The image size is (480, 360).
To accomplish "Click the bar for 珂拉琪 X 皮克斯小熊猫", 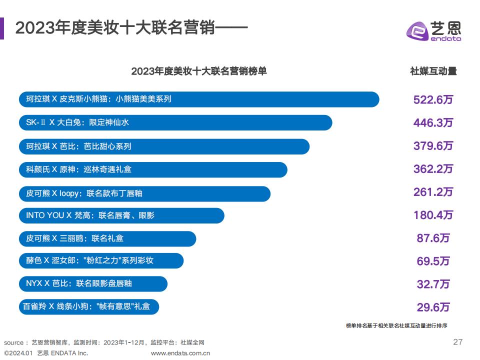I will coord(199,99).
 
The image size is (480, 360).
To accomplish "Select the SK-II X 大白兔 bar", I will coord(175,122).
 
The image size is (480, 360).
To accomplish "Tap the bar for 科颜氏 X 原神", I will coord(153,169).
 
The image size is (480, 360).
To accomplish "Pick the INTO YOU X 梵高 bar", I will coord(121,215).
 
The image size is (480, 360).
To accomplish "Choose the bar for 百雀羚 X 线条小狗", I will coord(89,306).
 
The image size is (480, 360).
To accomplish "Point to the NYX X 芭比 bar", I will coord(93,283).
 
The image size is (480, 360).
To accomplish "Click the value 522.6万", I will coord(433,99).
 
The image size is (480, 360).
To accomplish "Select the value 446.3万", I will coord(433,122).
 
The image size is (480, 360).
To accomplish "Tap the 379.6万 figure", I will coord(433,146).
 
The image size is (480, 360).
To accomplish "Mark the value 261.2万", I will coord(433,192).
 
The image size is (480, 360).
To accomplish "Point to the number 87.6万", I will coord(433,238).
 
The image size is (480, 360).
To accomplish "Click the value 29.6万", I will coord(433,307).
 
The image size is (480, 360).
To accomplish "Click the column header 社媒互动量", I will coord(433,71).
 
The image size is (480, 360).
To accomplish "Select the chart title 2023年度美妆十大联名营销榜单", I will coord(199,71).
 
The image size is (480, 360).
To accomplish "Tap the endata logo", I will coord(433,31).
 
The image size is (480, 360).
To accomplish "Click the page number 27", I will coord(457,342).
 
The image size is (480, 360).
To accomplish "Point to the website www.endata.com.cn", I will coord(180,352).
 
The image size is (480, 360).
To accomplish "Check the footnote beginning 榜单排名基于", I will coord(396,325).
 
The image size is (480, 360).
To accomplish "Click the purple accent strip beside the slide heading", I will coord(2,28).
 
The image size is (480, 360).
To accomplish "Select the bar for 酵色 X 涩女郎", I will coord(101,261).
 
